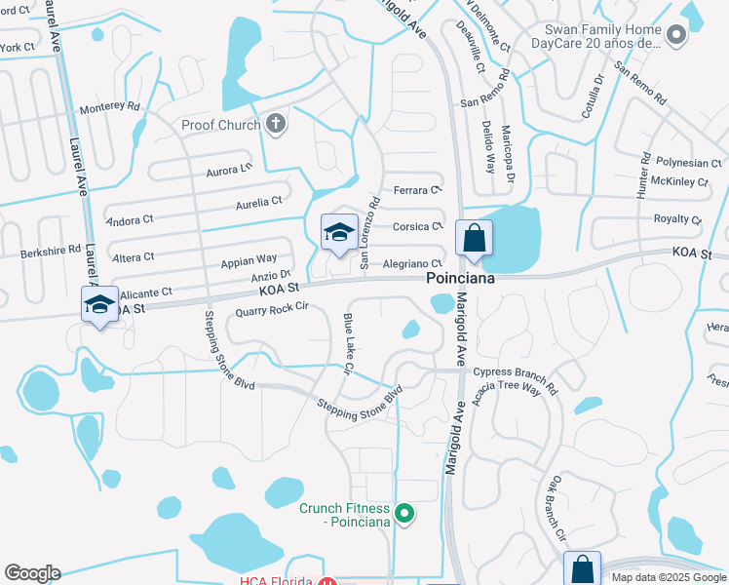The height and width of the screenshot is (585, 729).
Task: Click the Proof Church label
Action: pos(220,125)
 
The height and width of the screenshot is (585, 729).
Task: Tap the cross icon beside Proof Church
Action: pos(276,124)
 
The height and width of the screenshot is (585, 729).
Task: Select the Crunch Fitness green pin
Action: pos(407,514)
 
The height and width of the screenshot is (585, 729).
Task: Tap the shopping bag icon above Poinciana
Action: pos(474,238)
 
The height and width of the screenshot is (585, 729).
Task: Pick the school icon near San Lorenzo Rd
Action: pos(339,233)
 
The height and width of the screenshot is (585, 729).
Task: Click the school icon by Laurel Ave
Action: pos(100,304)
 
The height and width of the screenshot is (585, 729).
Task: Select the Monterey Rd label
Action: pos(110,108)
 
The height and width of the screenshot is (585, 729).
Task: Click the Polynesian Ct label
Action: pos(689,163)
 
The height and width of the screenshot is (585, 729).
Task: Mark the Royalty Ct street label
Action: pos(677,219)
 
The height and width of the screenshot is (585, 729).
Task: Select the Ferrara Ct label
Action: pos(417,190)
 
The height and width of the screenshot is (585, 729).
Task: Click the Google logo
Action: pos(32,573)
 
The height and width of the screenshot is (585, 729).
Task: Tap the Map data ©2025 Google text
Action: pos(668,577)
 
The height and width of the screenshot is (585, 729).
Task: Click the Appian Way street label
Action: pos(249,260)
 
